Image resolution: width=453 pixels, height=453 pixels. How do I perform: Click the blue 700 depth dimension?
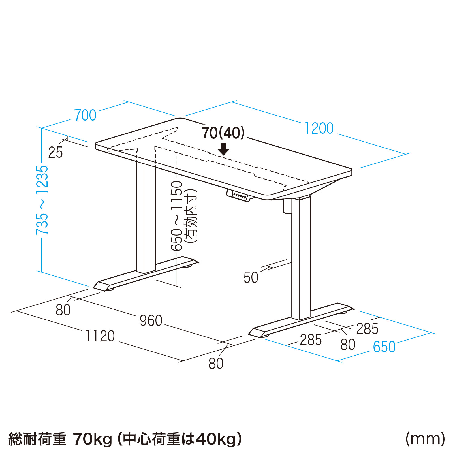coord(85,115)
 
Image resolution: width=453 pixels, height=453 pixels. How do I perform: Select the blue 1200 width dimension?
coord(319,128)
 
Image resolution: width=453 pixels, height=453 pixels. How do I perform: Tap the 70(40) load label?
coord(223,133)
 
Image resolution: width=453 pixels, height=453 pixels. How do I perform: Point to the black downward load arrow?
coord(224,149)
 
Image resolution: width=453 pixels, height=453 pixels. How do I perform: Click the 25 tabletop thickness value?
coord(55,152)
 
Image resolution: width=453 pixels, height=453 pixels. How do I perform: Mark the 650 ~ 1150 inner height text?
coord(177,216)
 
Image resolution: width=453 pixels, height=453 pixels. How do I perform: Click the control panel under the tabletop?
coord(240,196)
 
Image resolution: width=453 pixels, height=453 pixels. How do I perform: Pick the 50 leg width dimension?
coord(251,277)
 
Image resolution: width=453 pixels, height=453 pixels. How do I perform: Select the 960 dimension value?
coord(151,320)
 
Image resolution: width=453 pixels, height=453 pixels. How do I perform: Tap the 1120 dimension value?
coord(100,336)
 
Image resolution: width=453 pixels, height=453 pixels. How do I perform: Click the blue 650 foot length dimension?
coord(384,347)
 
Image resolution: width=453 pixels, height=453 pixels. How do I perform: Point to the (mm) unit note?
coord(425,439)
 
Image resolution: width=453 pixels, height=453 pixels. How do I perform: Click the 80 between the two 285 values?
coord(348,345)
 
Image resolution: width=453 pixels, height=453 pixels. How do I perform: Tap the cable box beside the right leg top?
coord(287,206)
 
